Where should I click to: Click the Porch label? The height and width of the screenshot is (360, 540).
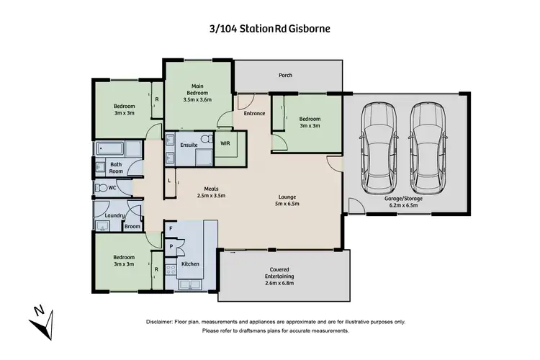(286, 75)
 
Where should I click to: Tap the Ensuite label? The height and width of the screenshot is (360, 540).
(189, 145)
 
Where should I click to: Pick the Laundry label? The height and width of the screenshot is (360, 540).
(114, 215)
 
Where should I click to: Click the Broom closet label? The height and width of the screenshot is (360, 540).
(132, 227)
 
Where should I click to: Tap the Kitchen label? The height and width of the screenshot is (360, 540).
(190, 264)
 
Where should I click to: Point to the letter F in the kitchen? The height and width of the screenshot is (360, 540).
(171, 229)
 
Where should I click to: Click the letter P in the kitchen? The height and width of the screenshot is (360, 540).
(171, 246)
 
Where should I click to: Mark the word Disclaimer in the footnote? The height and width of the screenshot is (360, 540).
(160, 322)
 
